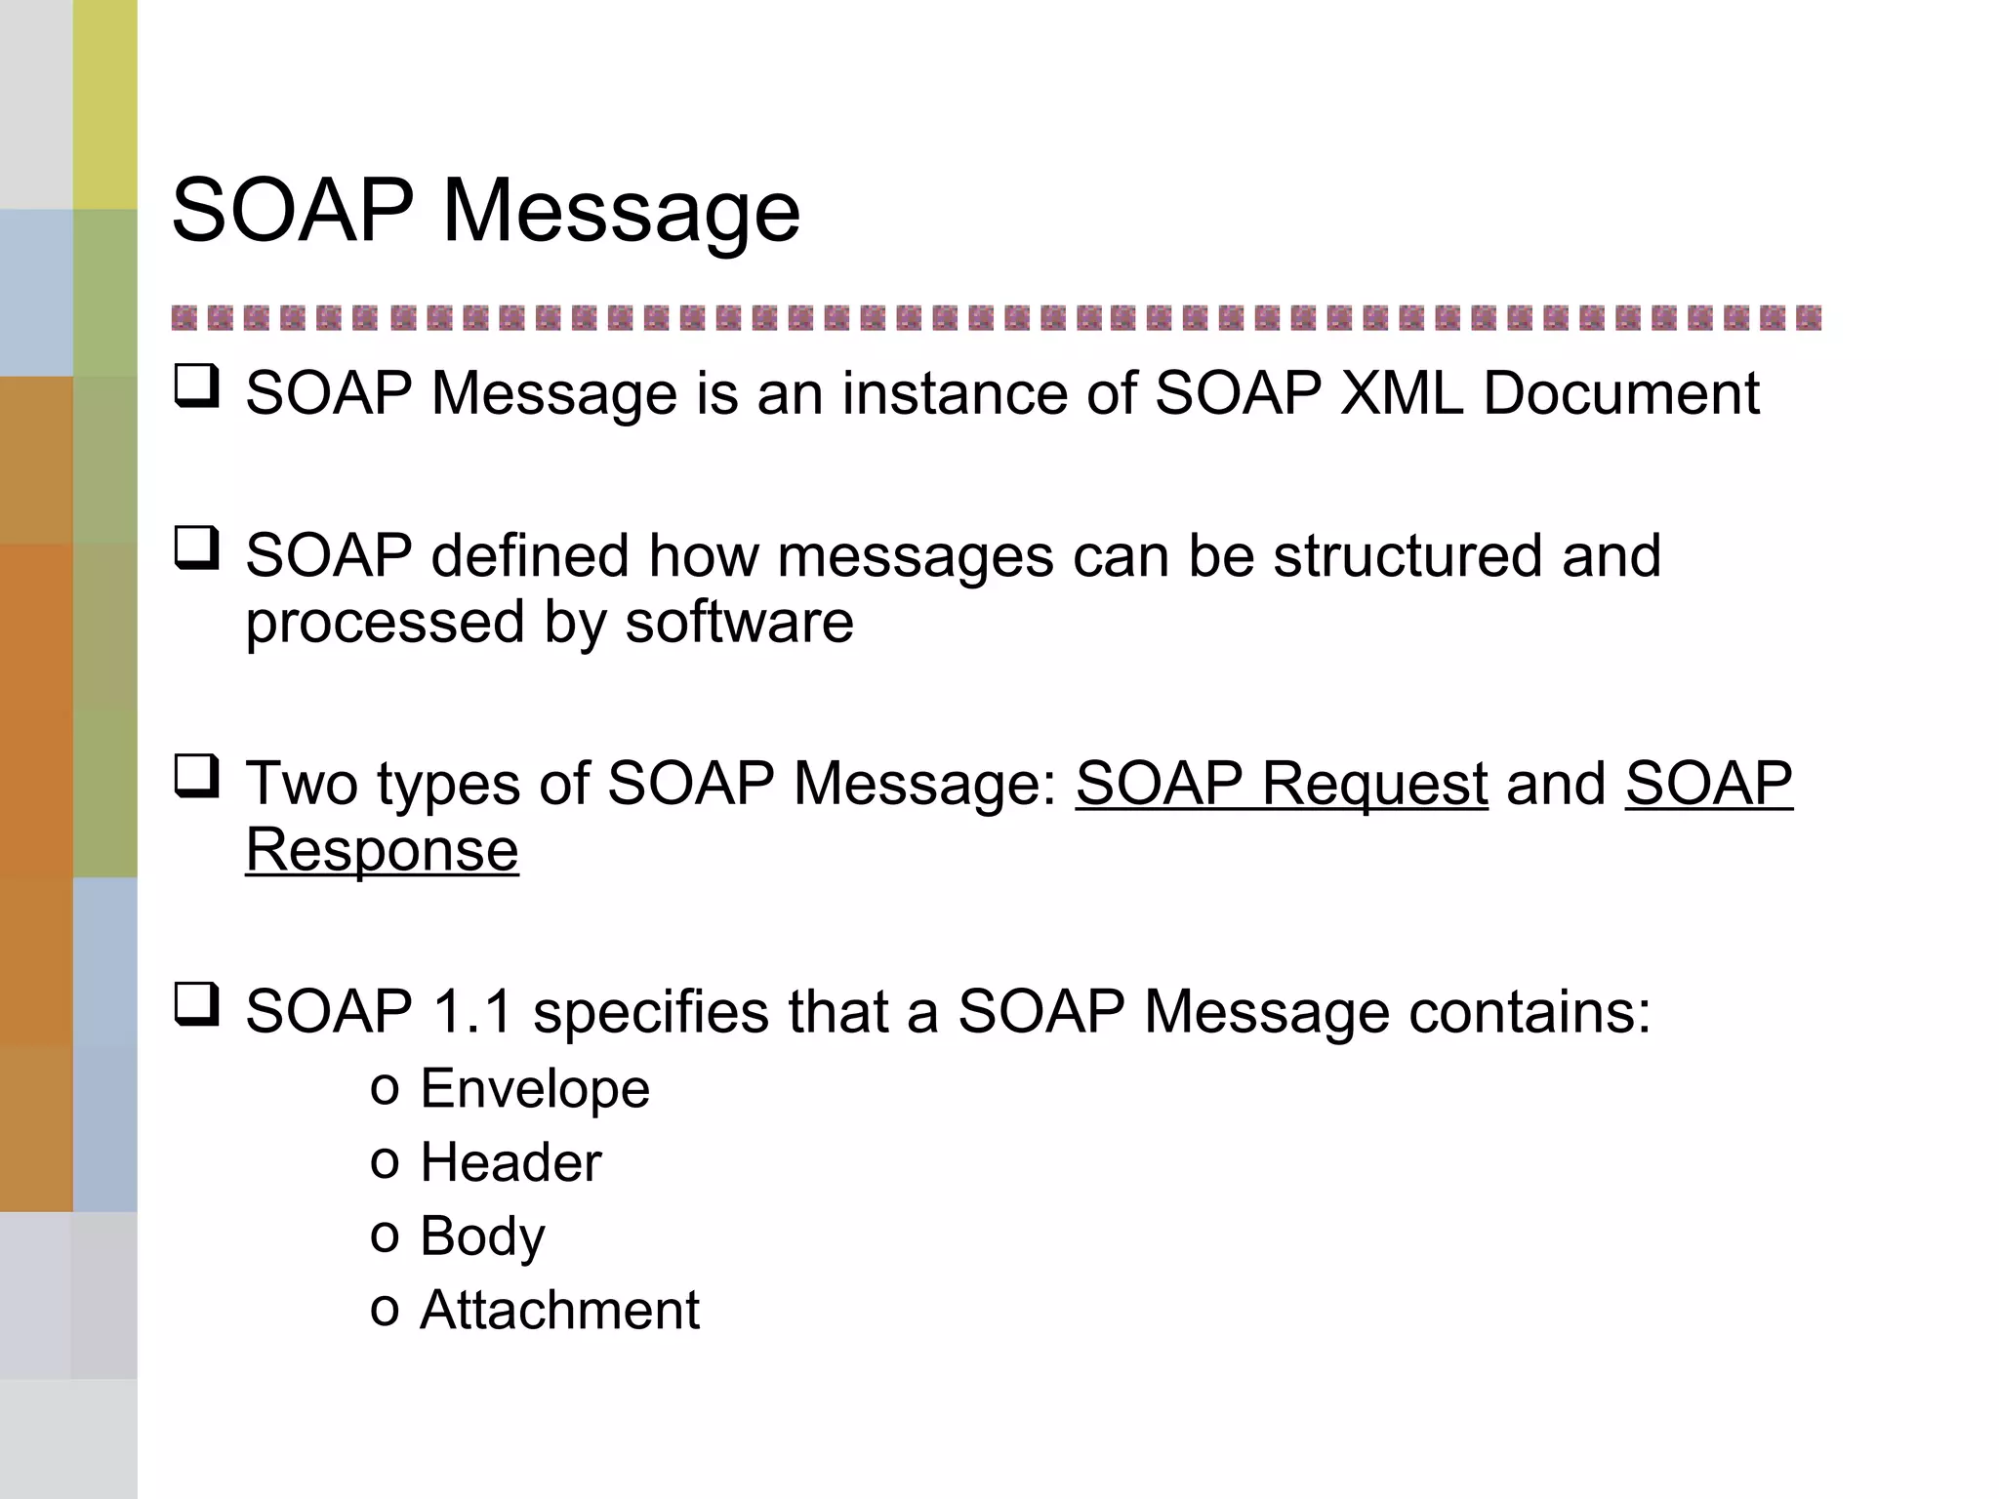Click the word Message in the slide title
(621, 212)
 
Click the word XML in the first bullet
(1402, 393)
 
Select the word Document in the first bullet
(1621, 393)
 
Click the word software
(739, 623)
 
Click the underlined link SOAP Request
(1282, 784)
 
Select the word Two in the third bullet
(303, 784)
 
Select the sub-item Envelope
(534, 1089)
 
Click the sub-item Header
(510, 1162)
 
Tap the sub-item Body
(482, 1237)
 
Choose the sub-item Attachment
(559, 1310)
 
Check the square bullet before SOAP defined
(196, 548)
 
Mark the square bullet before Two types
(196, 777)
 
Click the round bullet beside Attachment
(385, 1311)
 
